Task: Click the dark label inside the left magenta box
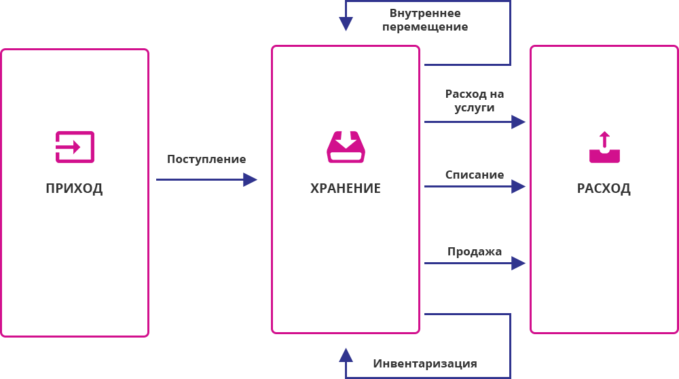pyautogui.click(x=74, y=189)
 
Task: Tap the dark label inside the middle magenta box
pyautogui.click(x=345, y=188)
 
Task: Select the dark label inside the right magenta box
pyautogui.click(x=604, y=189)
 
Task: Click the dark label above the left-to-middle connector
pyautogui.click(x=206, y=160)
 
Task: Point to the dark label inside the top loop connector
pyautogui.click(x=425, y=21)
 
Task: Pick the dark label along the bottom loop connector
pyautogui.click(x=424, y=365)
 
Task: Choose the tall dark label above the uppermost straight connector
pyautogui.click(x=475, y=102)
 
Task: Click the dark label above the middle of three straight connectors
pyautogui.click(x=474, y=175)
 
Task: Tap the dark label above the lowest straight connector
pyautogui.click(x=475, y=253)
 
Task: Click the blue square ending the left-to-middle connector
pyautogui.click(x=251, y=180)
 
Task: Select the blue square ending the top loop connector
pyautogui.click(x=346, y=24)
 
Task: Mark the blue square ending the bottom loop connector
pyautogui.click(x=346, y=355)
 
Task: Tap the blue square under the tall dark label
pyautogui.click(x=519, y=122)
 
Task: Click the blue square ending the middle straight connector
pyautogui.click(x=519, y=187)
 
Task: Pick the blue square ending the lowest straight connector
pyautogui.click(x=519, y=264)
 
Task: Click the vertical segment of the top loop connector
pyautogui.click(x=510, y=34)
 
